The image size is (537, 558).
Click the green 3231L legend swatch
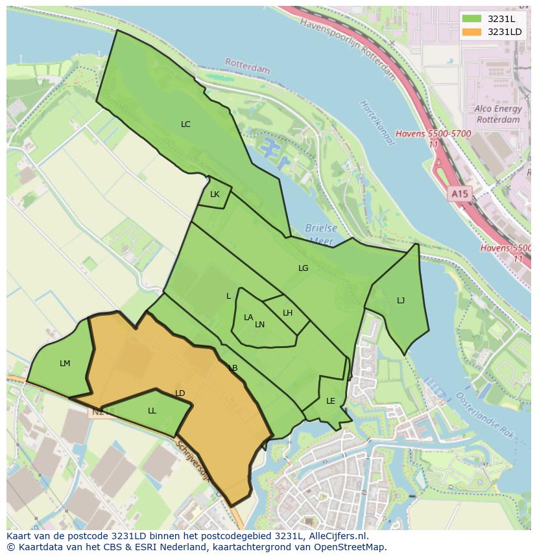[472, 19]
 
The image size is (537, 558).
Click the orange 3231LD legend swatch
[472, 32]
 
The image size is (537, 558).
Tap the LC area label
[185, 124]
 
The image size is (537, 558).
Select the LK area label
[215, 194]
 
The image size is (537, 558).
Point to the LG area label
[303, 268]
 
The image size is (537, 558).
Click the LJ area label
[401, 301]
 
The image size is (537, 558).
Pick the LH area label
[287, 313]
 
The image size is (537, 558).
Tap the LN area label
[259, 325]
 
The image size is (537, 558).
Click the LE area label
[330, 401]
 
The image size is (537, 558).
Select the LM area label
[65, 364]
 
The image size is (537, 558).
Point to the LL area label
[152, 411]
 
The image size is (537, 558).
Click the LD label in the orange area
[180, 393]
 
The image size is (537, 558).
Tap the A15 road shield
[459, 194]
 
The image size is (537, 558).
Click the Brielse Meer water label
[320, 235]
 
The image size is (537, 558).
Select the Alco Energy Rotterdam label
[497, 115]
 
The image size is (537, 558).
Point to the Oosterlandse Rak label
[485, 415]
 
